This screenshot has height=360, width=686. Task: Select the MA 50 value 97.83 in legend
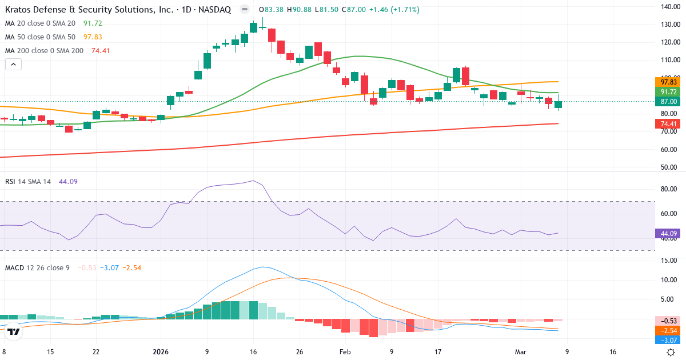[x=93, y=37]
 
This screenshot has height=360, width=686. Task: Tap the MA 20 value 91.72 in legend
[x=93, y=23]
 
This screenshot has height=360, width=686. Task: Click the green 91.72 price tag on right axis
[x=668, y=92]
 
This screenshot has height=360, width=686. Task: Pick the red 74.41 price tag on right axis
[x=668, y=123]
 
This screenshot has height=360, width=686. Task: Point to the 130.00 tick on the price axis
[x=669, y=25]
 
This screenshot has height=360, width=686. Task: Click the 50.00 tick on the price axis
[x=669, y=167]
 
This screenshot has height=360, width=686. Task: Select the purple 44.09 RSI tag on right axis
[x=668, y=234]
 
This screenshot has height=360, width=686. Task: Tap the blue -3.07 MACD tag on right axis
[x=668, y=341]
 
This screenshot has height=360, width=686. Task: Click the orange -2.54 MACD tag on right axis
[x=668, y=330]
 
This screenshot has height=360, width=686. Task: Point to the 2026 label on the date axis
[x=161, y=352]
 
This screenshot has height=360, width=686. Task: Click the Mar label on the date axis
[x=520, y=352]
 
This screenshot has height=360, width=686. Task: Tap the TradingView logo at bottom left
[x=14, y=331]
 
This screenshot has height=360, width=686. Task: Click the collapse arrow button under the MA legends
[x=13, y=65]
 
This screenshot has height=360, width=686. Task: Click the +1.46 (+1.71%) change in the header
[x=394, y=10]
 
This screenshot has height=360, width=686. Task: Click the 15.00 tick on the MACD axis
[x=669, y=261]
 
